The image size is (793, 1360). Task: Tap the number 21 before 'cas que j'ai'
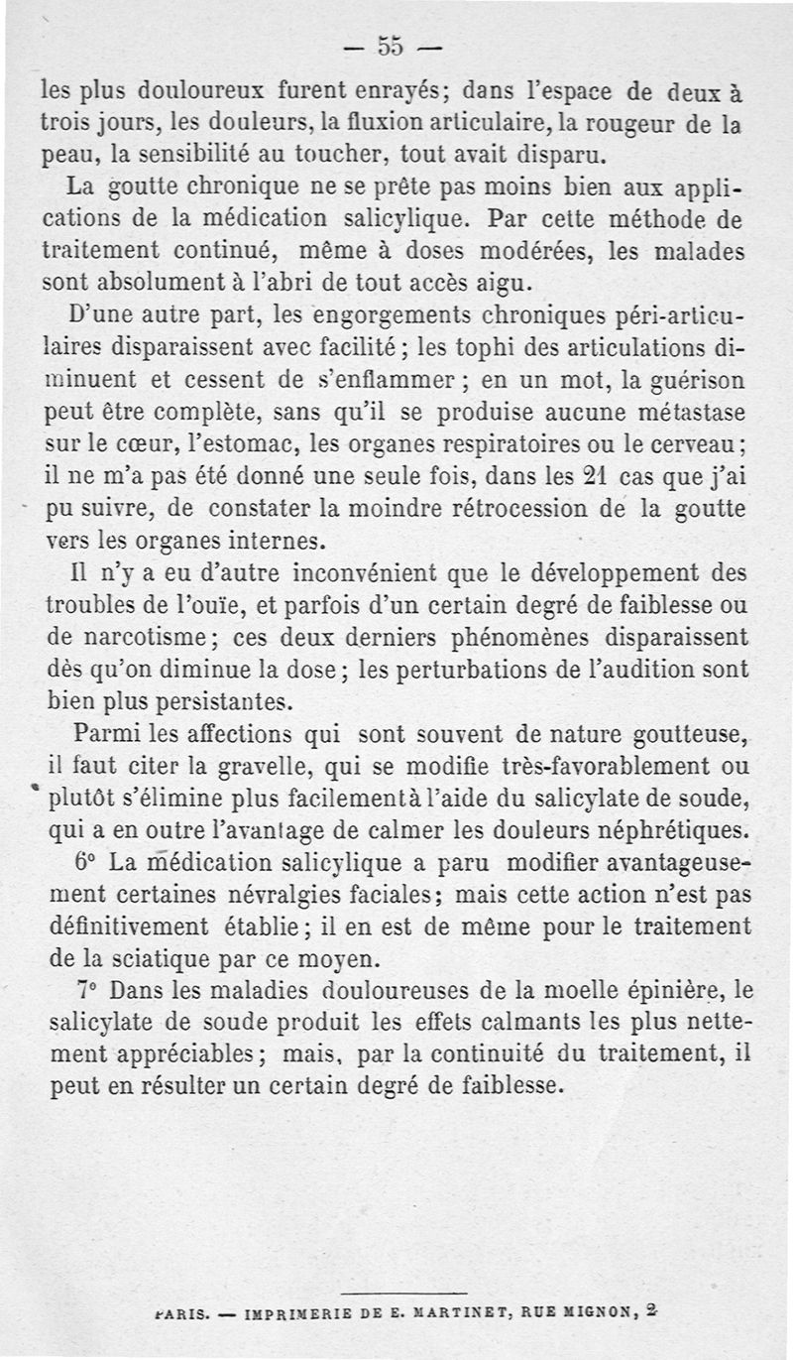click(593, 475)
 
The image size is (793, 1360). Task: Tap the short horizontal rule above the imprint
click(402, 1294)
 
